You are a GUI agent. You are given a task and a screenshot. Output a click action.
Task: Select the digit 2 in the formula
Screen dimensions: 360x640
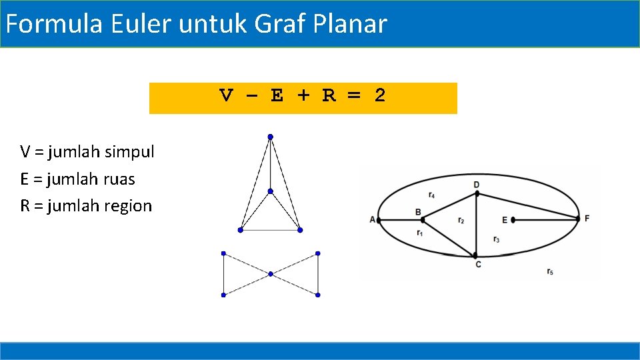click(x=379, y=96)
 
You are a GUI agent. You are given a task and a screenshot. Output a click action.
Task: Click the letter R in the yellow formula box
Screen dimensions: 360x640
click(x=329, y=96)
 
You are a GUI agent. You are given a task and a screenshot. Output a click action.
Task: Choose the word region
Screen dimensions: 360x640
click(x=128, y=206)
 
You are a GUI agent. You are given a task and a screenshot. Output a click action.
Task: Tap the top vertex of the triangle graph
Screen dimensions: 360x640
click(x=270, y=137)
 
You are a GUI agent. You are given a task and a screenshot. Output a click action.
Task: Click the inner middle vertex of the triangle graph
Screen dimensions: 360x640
click(x=270, y=191)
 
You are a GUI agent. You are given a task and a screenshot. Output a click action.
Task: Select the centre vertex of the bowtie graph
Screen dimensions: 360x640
click(x=271, y=274)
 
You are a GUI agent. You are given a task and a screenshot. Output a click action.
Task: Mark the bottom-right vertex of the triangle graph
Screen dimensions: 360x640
click(x=300, y=230)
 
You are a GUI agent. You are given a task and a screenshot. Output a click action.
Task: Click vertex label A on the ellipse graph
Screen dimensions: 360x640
click(x=372, y=219)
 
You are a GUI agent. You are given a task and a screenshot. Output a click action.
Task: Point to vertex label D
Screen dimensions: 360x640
click(x=476, y=184)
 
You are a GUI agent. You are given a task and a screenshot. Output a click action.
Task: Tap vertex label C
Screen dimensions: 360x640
click(x=478, y=265)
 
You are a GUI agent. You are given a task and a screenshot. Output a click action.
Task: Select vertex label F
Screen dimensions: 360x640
click(x=587, y=218)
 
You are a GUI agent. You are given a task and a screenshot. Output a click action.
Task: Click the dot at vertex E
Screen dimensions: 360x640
click(x=513, y=219)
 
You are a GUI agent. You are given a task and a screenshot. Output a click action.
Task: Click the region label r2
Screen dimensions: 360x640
click(x=461, y=220)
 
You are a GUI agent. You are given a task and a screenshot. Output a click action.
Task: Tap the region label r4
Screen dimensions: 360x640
click(x=432, y=195)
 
